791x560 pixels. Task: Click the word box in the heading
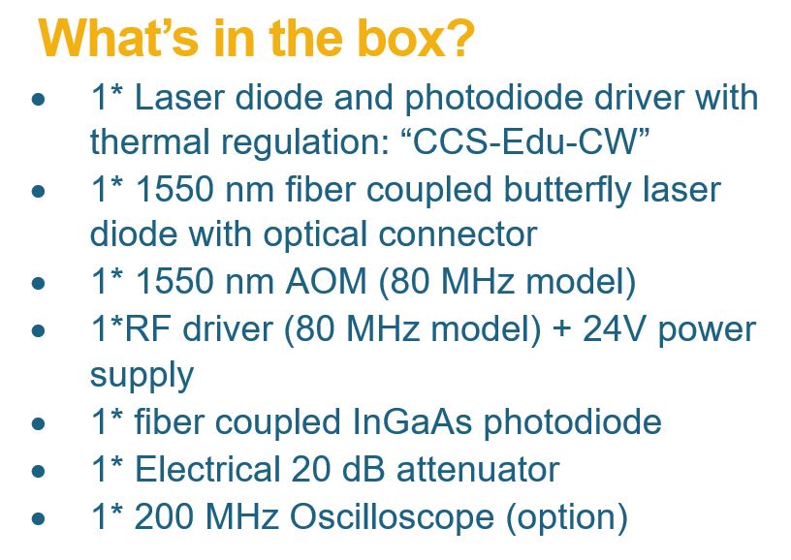(x=401, y=39)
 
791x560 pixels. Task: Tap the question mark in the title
(x=460, y=39)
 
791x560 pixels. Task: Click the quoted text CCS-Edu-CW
(x=525, y=141)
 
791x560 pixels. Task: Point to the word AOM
(x=326, y=281)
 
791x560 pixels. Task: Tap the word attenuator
(x=478, y=470)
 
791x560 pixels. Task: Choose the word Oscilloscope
(x=391, y=516)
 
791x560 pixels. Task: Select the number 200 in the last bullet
(x=164, y=516)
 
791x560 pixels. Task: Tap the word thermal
(x=149, y=141)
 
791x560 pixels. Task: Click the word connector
(x=458, y=235)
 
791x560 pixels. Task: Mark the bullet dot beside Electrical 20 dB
(x=38, y=471)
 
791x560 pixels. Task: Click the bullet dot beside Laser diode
(x=38, y=99)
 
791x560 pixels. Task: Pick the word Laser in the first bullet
(x=179, y=97)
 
